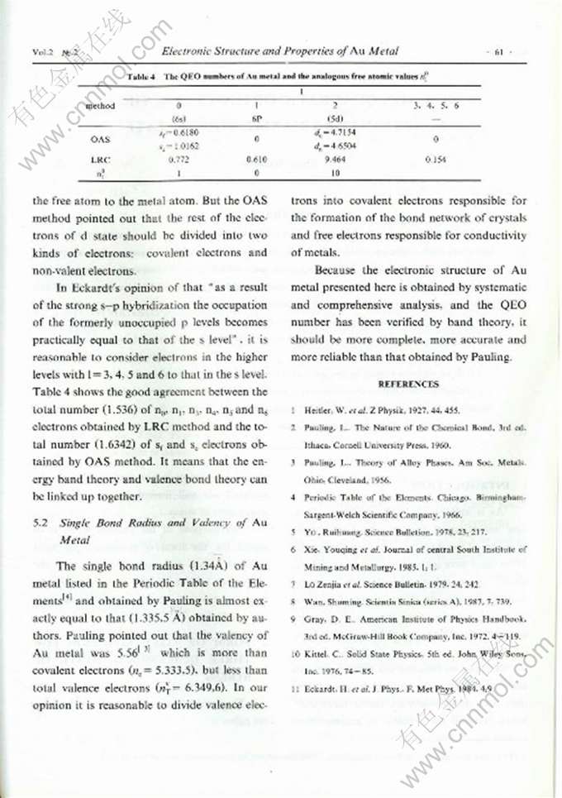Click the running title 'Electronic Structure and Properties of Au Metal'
(x=279, y=51)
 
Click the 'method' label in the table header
(x=101, y=106)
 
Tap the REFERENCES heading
(x=408, y=384)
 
